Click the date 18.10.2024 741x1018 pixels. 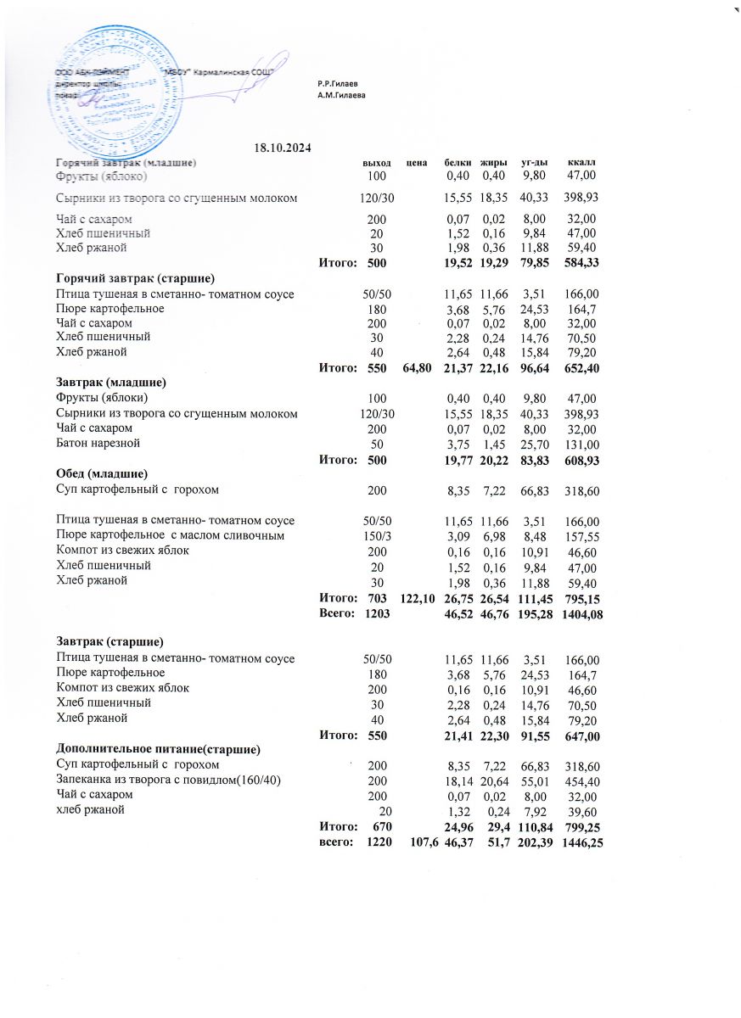tap(283, 148)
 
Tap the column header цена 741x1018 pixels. tap(415, 161)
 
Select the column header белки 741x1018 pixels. tap(458, 161)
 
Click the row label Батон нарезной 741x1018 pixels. tap(98, 444)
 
